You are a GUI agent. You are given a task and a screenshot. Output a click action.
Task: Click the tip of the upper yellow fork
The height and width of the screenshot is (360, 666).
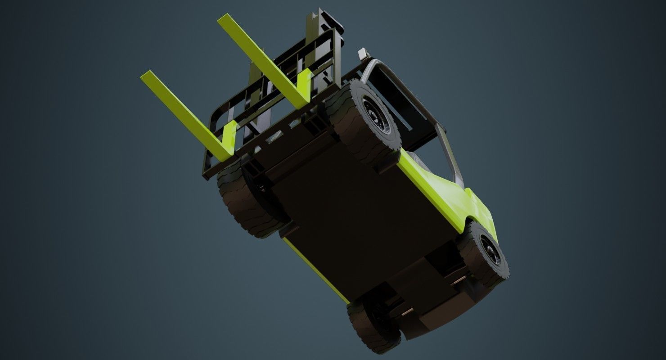coord(223,20)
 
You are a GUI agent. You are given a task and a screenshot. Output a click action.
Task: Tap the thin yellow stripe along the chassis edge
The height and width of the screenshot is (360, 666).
coord(315,270)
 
